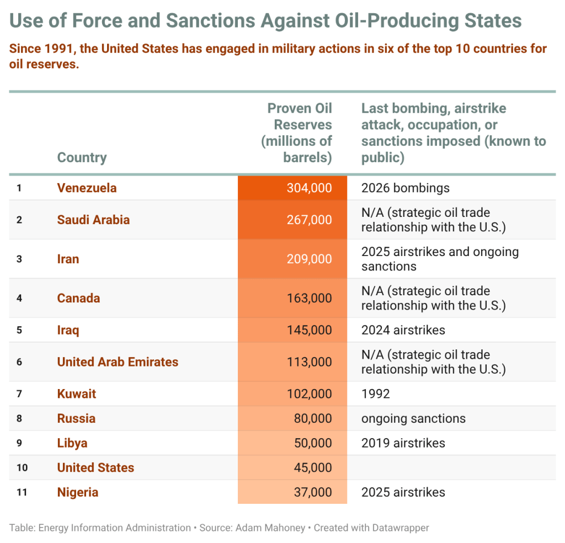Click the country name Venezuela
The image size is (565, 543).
87,188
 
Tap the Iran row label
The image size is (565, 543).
68,259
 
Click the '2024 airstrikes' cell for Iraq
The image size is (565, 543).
403,330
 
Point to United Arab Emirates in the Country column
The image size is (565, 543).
118,362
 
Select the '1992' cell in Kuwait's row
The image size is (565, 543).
375,394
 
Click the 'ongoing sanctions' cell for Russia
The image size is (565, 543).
413,418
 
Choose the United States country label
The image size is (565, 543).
95,467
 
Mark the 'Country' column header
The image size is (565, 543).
82,157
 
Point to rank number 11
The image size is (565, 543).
22,492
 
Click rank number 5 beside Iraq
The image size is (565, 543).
19,330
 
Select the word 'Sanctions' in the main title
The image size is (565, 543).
210,20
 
